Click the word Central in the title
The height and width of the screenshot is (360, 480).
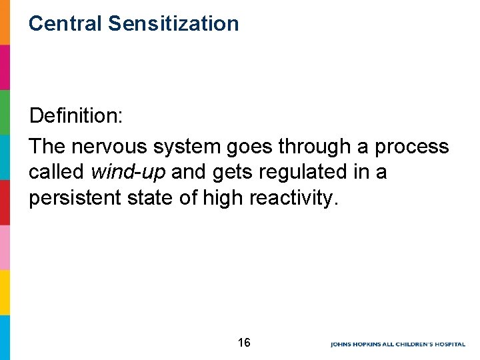point(65,24)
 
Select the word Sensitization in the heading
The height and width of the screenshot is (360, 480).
point(173,24)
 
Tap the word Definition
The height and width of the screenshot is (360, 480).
point(75,117)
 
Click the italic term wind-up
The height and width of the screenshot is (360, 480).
point(128,173)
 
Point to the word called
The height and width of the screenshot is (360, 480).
point(56,173)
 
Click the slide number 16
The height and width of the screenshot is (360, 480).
point(244,343)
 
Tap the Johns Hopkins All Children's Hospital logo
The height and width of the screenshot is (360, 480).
point(398,344)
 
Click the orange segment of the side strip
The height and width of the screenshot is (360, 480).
point(5,22)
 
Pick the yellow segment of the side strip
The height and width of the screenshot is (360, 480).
point(5,292)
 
